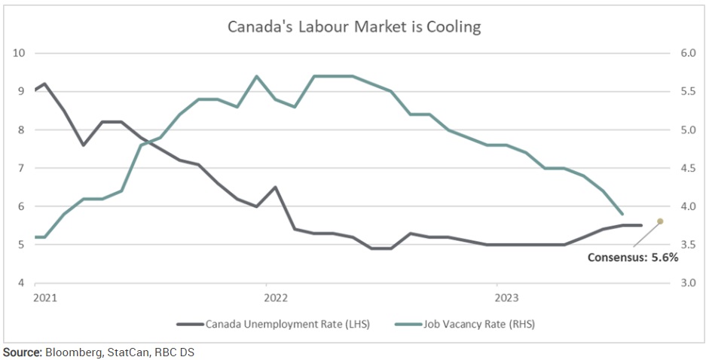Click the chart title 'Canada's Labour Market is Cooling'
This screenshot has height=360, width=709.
tap(355, 27)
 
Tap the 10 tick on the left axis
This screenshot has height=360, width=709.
tap(20, 53)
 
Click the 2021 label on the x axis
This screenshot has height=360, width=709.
tap(46, 297)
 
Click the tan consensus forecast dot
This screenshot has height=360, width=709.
tap(660, 221)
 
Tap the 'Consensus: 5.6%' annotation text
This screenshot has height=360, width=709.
tap(633, 257)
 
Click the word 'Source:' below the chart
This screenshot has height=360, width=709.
tap(22, 352)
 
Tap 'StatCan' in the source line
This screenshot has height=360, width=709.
tap(121, 352)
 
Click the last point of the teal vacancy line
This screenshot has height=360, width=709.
tap(622, 214)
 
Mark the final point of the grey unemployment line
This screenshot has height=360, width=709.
tap(641, 225)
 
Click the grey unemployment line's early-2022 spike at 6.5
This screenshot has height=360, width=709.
tap(275, 187)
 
